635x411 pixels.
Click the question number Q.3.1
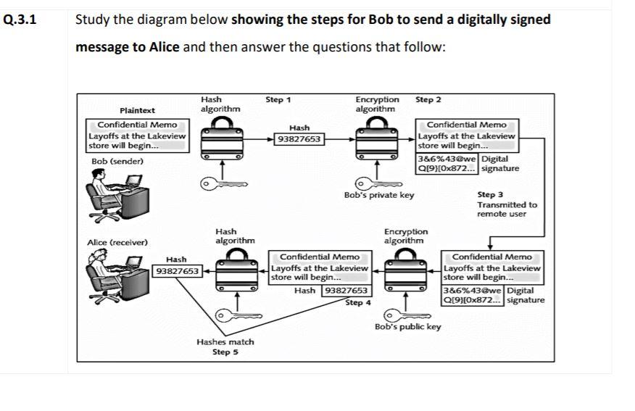[19, 20]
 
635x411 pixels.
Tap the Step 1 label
[278, 100]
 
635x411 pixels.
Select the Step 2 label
[428, 99]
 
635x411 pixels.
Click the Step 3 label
[490, 194]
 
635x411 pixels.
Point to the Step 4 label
[354, 302]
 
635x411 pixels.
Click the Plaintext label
[137, 110]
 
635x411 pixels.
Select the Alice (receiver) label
[117, 242]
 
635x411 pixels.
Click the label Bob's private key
[379, 195]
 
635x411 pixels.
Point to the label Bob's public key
[408, 327]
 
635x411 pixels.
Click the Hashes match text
[225, 341]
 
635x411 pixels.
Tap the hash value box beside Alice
[178, 271]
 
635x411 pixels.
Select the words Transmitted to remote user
[507, 209]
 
